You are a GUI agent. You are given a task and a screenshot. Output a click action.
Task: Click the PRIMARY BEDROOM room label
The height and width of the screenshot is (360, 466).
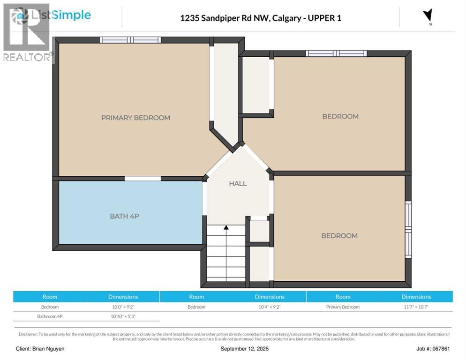tap(136, 118)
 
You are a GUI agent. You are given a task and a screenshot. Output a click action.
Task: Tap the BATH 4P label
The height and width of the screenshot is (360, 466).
tap(125, 216)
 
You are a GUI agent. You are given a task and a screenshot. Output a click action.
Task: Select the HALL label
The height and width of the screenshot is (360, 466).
tap(238, 183)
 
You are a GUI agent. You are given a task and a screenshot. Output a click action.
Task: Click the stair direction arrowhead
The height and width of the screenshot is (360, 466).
tap(226, 227)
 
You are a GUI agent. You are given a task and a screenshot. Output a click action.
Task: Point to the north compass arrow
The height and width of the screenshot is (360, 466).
tap(428, 15)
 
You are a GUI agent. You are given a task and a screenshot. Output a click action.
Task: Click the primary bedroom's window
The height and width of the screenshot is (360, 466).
tap(130, 40)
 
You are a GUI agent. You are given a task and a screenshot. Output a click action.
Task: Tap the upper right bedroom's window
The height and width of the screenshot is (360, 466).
tap(336, 53)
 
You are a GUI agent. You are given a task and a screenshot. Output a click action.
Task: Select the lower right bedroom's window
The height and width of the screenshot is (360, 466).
tap(409, 229)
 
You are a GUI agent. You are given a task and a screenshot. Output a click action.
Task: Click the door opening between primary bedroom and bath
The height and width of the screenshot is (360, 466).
tap(143, 179)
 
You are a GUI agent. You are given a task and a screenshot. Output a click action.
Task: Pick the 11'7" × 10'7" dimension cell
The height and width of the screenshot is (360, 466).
tap(416, 307)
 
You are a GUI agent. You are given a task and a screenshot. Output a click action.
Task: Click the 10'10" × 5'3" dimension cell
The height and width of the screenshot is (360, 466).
tap(123, 316)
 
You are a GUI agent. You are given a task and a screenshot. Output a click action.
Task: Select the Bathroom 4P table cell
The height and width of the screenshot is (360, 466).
tap(50, 316)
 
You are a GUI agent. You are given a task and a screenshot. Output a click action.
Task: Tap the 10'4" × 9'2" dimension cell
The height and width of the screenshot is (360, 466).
tap(270, 307)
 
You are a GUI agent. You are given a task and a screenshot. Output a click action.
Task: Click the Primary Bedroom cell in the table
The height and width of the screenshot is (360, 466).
tap(343, 307)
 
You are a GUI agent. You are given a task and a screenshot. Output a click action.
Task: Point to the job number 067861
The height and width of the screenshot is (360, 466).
tap(442, 349)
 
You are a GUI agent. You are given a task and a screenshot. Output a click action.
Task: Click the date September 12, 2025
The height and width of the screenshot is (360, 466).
tap(245, 349)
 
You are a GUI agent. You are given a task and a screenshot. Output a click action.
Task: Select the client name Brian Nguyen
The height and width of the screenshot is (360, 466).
tap(48, 349)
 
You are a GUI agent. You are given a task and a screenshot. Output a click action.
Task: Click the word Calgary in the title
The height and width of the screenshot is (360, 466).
tap(287, 18)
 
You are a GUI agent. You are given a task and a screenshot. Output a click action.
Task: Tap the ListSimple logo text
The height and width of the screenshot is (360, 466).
tap(61, 15)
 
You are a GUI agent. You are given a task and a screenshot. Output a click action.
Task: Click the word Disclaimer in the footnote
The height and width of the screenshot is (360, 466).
tap(28, 334)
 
